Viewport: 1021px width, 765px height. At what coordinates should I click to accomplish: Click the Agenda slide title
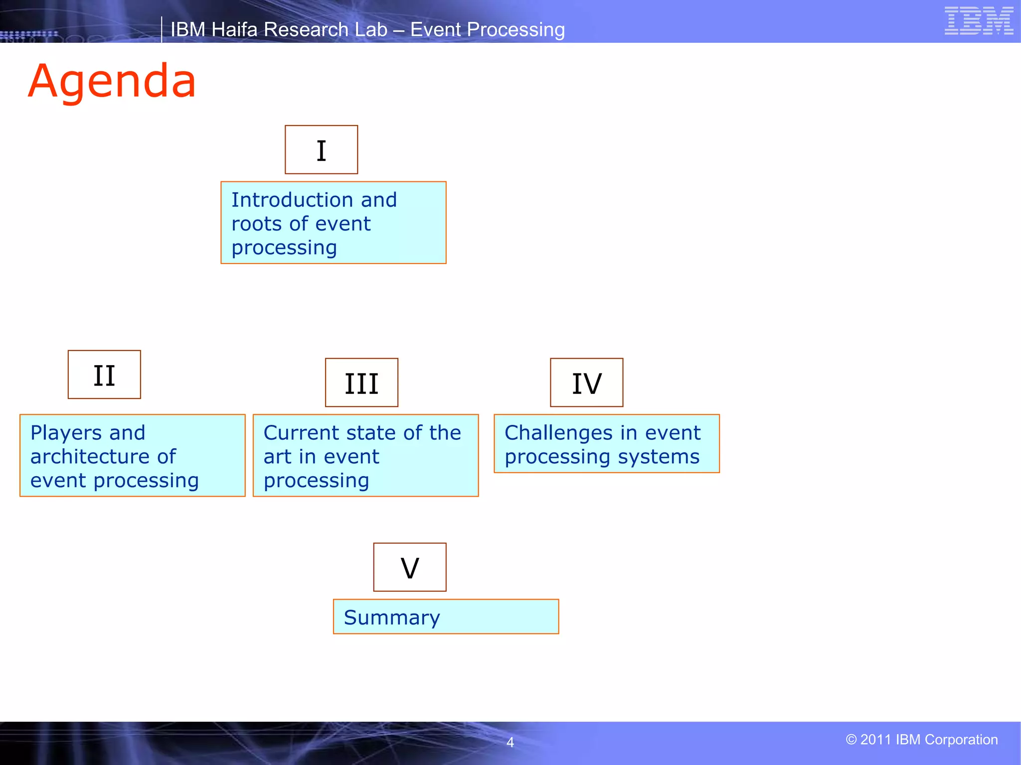pyautogui.click(x=112, y=81)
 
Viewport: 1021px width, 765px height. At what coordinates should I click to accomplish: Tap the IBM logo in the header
pyautogui.click(x=979, y=21)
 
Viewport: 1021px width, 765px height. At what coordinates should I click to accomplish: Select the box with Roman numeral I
pyautogui.click(x=321, y=150)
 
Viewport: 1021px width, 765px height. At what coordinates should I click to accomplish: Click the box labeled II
pyautogui.click(x=104, y=375)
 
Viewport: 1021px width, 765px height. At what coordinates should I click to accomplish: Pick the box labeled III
pyautogui.click(x=361, y=382)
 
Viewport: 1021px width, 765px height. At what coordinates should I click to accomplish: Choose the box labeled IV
pyautogui.click(x=586, y=382)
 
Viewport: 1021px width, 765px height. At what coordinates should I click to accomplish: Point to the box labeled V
pyautogui.click(x=410, y=567)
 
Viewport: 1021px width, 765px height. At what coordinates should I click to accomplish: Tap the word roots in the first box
pyautogui.click(x=256, y=224)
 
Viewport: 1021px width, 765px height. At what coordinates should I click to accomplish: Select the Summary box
pyautogui.click(x=446, y=617)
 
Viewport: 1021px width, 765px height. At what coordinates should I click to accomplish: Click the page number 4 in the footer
pyautogui.click(x=510, y=743)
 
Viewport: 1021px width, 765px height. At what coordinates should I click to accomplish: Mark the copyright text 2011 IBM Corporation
pyautogui.click(x=922, y=740)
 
